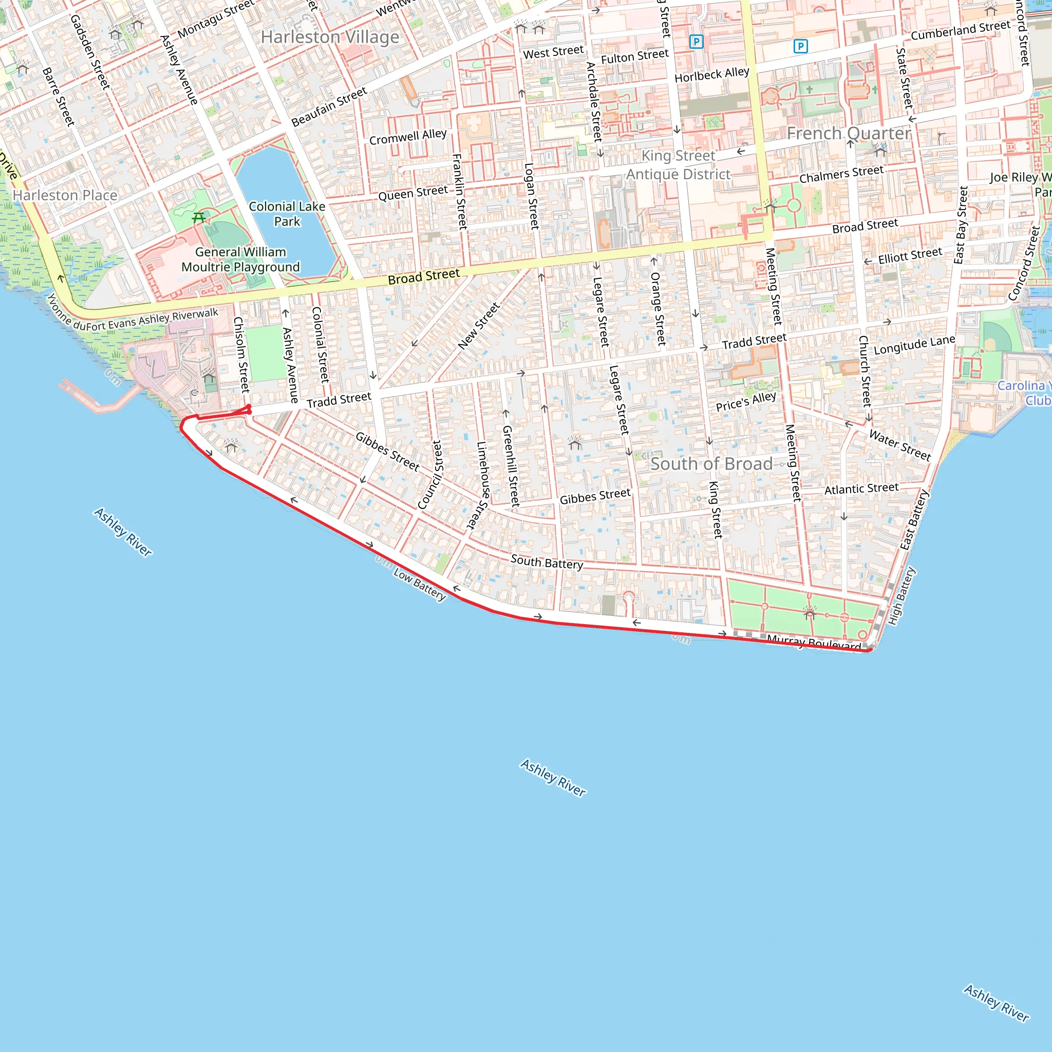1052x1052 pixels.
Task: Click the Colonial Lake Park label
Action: [287, 214]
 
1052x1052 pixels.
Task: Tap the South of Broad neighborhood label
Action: [711, 464]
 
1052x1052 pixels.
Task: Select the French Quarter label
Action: [849, 134]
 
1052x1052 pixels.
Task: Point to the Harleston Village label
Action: [330, 37]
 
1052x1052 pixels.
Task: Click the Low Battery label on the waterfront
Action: [419, 585]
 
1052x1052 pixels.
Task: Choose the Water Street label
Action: [899, 445]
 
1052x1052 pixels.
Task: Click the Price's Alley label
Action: [745, 402]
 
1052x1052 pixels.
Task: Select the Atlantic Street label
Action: [861, 489]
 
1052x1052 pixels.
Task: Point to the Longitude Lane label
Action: [914, 345]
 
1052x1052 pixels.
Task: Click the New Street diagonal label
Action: [478, 326]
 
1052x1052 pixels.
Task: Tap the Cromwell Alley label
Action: [408, 137]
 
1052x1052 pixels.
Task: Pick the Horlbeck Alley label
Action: [711, 74]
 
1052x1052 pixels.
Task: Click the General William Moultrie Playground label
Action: [241, 259]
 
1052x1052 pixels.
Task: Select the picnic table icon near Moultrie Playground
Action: [199, 218]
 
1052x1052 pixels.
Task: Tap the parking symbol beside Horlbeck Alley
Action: [696, 42]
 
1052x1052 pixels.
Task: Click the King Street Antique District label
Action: [679, 165]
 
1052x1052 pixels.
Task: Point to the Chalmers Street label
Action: [841, 174]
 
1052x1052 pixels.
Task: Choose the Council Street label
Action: [430, 475]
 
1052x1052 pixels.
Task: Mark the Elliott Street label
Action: [910, 255]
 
